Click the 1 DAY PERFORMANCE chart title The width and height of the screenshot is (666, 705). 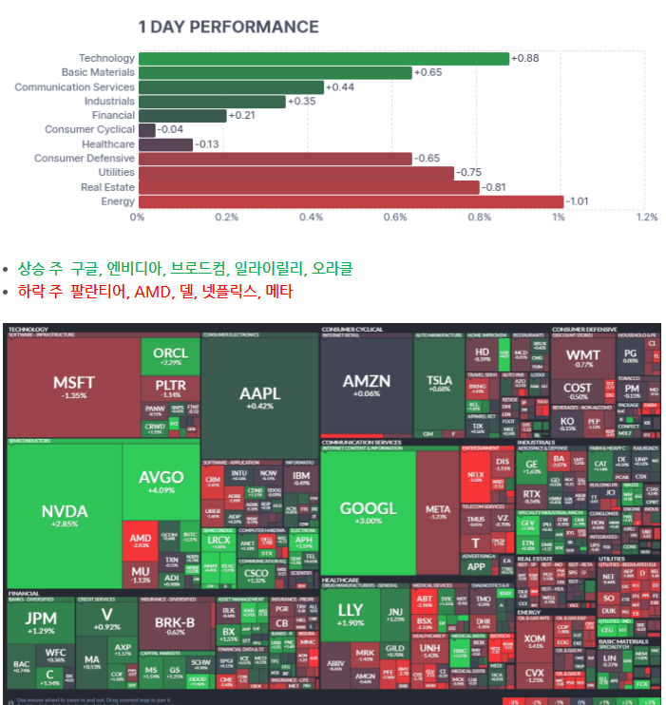(228, 28)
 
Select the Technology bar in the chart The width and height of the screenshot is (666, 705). (323, 59)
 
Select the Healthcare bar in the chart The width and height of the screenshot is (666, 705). (164, 144)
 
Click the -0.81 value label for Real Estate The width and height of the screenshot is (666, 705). (494, 187)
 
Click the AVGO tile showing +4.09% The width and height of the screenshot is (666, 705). (161, 482)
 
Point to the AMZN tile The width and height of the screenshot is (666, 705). (367, 386)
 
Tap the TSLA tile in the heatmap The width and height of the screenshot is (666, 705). (439, 383)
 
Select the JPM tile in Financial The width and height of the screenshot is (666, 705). (41, 621)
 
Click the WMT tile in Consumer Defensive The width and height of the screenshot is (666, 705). (583, 359)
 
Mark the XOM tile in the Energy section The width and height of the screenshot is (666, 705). (535, 642)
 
